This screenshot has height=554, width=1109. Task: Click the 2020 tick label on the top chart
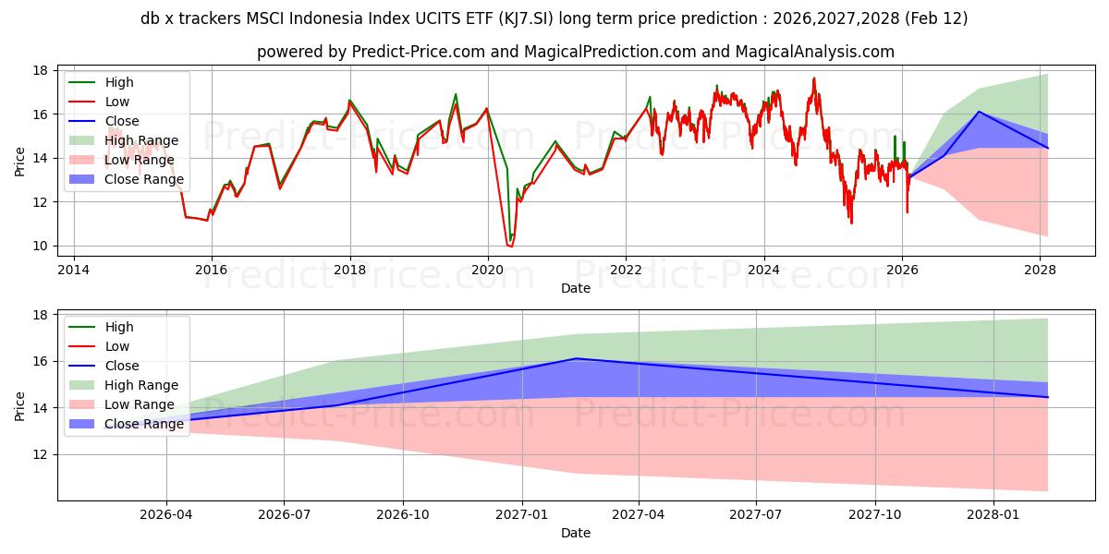[x=488, y=270]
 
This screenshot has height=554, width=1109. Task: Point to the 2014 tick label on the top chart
[x=73, y=270]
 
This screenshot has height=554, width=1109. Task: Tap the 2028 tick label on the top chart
[x=1041, y=270]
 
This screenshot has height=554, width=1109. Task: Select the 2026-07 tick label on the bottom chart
[x=284, y=515]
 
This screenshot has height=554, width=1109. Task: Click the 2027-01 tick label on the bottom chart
[x=523, y=515]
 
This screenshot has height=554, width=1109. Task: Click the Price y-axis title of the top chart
[x=20, y=161]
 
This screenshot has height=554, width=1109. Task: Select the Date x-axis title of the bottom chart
[x=576, y=533]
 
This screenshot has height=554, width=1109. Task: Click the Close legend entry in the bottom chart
[x=122, y=366]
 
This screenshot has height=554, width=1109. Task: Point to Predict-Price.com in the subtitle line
[x=419, y=52]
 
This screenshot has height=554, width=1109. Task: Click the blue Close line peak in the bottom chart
[x=575, y=358]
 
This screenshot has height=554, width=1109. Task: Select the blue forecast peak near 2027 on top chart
[x=979, y=112]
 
